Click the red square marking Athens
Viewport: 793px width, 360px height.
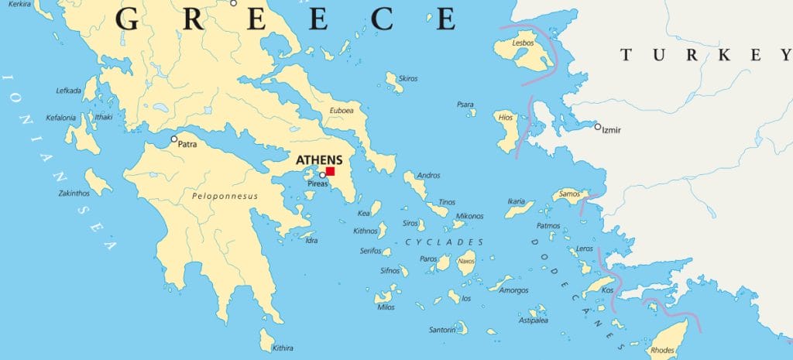[x=330, y=171]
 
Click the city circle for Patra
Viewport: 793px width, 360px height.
[x=174, y=139]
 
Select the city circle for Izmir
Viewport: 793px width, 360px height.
[x=597, y=126]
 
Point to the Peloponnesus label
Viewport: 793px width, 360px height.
[x=225, y=196]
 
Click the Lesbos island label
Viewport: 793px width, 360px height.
[x=523, y=43]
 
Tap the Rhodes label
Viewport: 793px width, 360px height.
[x=664, y=350]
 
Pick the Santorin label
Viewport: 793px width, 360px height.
[x=442, y=330]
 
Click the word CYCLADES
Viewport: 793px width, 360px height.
[x=445, y=242]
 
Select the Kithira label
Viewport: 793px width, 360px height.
[x=283, y=348]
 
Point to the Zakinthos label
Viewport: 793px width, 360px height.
[x=74, y=193]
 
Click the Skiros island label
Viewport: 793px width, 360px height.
[x=407, y=78]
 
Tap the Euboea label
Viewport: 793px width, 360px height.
[x=342, y=111]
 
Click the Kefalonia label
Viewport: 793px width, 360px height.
[x=61, y=118]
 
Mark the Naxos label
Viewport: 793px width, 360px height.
[x=466, y=261]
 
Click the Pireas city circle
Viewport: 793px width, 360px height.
[x=323, y=175]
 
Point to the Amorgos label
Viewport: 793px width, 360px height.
[x=514, y=290]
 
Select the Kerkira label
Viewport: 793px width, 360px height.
[x=19, y=4]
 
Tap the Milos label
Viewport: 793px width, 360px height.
[x=386, y=307]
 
